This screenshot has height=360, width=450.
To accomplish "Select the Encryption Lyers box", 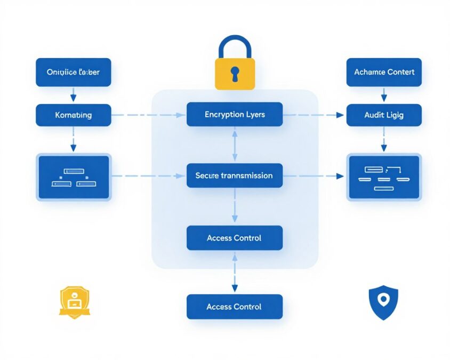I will pos(235,115).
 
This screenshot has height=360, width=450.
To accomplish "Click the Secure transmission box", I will pos(235,176).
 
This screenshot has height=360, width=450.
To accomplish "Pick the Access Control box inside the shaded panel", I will pos(235,238).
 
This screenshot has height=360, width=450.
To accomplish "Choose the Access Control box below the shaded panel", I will pos(235,307).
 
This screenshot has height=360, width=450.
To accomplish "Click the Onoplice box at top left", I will pos(73,72).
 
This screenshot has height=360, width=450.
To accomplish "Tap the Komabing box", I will pos(73,115).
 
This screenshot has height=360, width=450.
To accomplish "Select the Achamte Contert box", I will pos(384,72).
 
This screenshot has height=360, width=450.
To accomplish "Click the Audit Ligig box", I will pos(384,115).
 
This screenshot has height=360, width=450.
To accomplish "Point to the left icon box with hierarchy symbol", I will pos(73,178).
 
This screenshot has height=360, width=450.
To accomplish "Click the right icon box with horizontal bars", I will pos(384,178).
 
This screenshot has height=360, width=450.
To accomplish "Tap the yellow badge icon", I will pos(75,302).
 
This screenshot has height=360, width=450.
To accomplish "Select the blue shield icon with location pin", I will pos(383,302).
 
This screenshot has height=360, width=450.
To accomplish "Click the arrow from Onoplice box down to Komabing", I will pos(73,95).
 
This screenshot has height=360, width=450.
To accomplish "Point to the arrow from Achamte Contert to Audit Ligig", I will pos(383,95).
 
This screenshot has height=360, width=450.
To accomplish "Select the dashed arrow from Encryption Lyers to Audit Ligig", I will pos(315,115).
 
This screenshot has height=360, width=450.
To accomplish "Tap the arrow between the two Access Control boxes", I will pos(235,272).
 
